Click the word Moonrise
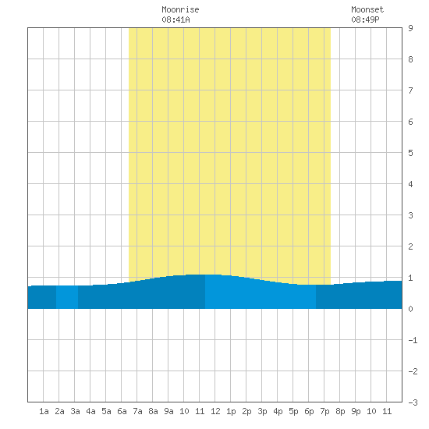coord(180,9)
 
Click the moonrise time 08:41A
coord(175,19)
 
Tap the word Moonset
coord(367,9)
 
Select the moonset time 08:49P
coord(365,19)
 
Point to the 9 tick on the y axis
coord(410,28)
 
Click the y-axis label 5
coord(410,153)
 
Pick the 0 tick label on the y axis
coord(410,309)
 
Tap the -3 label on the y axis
coord(413,402)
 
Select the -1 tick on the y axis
coord(413,340)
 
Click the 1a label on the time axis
coord(44,411)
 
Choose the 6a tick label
coord(122,411)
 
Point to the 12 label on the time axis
coord(215,411)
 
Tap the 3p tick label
coord(262,411)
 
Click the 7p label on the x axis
coord(324,411)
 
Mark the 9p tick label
coord(356,411)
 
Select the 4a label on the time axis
coord(90,411)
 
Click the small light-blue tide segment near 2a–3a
coord(67,297)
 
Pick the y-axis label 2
coord(410,246)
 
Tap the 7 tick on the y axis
coord(410,90)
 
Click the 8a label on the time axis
coord(153,411)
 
